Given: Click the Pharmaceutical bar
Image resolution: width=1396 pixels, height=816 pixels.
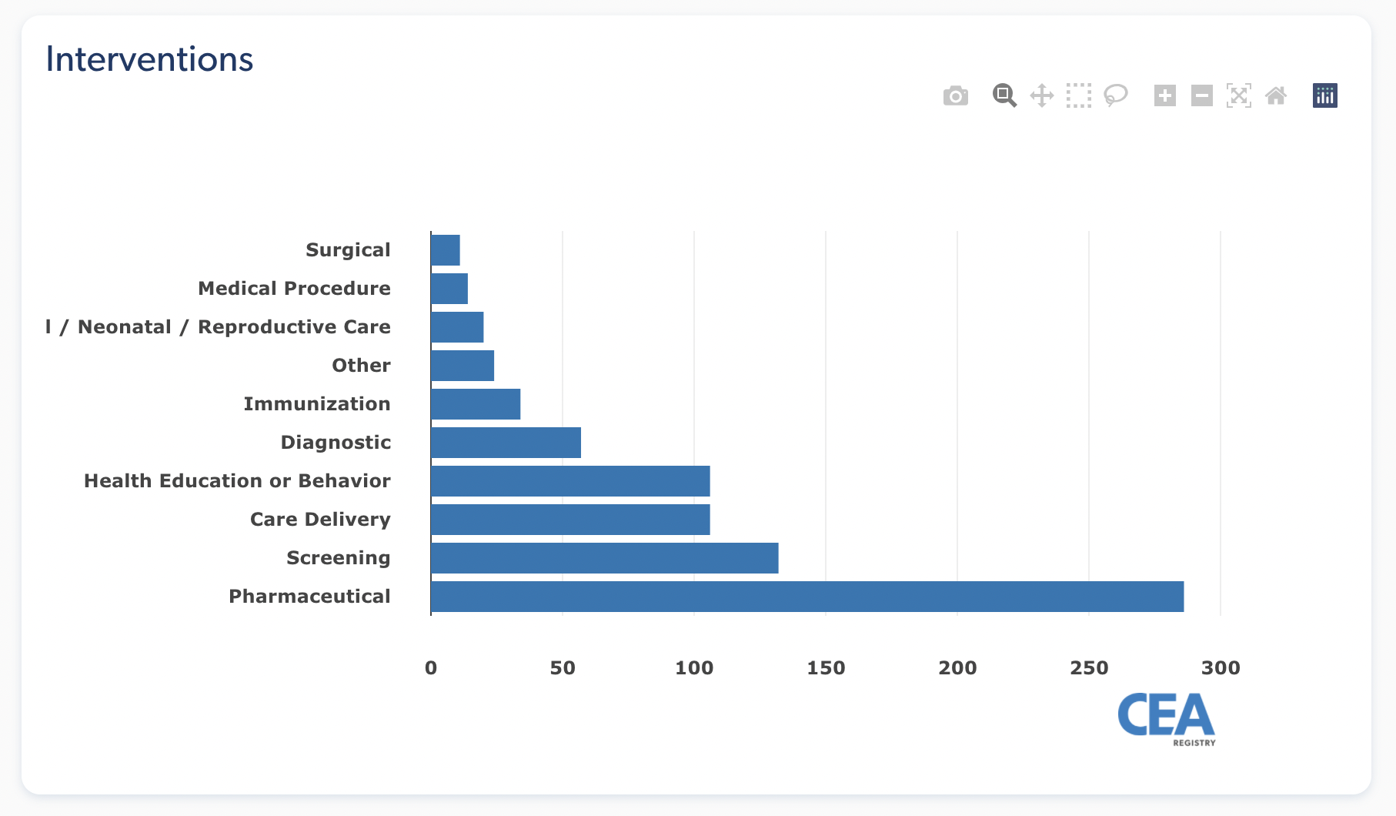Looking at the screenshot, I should click(807, 597).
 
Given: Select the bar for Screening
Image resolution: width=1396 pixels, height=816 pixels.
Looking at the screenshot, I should click(604, 558).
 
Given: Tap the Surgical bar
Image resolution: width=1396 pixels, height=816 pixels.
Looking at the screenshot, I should click(446, 250).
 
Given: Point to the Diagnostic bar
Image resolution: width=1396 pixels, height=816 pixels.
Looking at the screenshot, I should click(506, 443).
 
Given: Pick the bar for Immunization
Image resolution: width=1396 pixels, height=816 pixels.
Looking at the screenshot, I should click(476, 404).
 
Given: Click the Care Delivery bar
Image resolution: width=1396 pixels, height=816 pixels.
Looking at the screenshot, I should click(570, 520).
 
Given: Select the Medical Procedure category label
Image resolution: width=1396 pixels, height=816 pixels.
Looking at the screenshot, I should click(294, 289).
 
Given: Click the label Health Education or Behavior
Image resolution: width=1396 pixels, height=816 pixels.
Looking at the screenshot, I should click(237, 481).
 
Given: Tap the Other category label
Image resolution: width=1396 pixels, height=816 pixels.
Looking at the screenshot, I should click(361, 366).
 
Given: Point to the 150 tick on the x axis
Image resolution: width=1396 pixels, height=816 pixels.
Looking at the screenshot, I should click(826, 668).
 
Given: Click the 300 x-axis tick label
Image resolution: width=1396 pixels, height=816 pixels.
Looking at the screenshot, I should click(1221, 668).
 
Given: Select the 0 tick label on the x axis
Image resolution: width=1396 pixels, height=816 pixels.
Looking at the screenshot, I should click(431, 668).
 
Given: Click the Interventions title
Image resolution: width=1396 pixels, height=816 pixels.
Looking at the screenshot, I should click(149, 59).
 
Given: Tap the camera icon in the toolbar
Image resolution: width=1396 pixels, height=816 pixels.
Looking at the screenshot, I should click(956, 96).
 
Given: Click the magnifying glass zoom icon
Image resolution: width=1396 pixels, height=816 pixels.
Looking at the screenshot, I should click(1004, 96).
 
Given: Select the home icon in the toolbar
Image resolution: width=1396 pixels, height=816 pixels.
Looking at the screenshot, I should click(1276, 96).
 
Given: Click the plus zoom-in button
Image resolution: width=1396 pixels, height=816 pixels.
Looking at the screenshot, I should click(1165, 96).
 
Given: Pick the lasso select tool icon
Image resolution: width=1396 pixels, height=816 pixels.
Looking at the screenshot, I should click(1116, 96).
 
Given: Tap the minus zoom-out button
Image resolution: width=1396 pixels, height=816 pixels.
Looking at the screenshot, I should click(1202, 96).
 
